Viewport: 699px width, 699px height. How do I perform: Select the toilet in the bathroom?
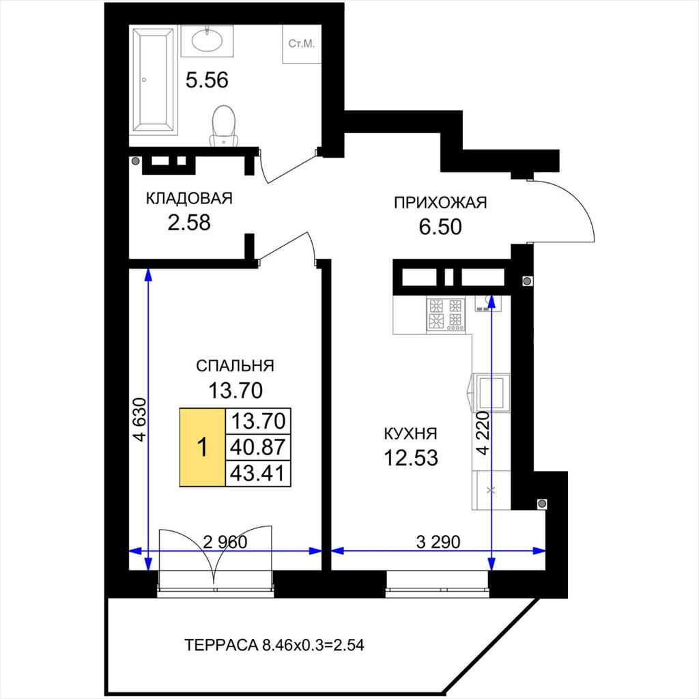pyautogui.click(x=224, y=126)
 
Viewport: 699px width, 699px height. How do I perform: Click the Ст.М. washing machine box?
pyautogui.click(x=302, y=44)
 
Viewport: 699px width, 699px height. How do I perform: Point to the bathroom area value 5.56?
pyautogui.click(x=207, y=81)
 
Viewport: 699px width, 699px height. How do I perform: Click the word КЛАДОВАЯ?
pyautogui.click(x=190, y=199)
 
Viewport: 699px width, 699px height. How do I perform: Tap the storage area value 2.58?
pyautogui.click(x=189, y=223)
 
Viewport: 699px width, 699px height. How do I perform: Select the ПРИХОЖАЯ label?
pyautogui.click(x=440, y=203)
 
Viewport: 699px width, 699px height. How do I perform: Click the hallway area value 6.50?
pyautogui.click(x=440, y=227)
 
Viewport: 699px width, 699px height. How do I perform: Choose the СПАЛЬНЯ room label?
pyautogui.click(x=235, y=366)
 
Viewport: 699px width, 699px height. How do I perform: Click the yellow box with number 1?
pyautogui.click(x=202, y=447)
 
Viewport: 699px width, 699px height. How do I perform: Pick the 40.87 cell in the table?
pyautogui.click(x=258, y=447)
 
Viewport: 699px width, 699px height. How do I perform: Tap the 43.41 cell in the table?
pyautogui.click(x=258, y=473)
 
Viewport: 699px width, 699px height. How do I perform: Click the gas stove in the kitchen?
pyautogui.click(x=446, y=314)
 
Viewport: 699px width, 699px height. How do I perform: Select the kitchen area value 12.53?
pyautogui.click(x=411, y=458)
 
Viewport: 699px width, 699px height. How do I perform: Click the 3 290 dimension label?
pyautogui.click(x=438, y=542)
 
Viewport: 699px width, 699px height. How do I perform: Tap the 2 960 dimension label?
pyautogui.click(x=225, y=542)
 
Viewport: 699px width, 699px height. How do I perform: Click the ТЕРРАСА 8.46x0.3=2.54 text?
pyautogui.click(x=274, y=645)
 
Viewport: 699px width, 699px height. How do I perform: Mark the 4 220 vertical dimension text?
pyautogui.click(x=484, y=433)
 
